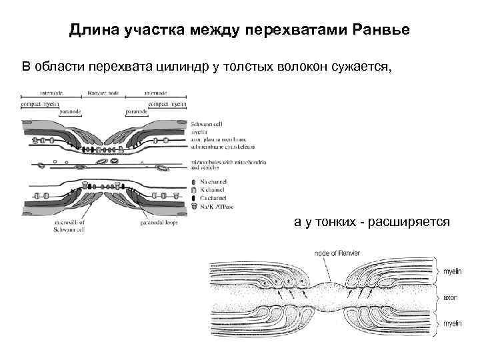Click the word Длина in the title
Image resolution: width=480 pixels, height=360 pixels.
tap(91, 31)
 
